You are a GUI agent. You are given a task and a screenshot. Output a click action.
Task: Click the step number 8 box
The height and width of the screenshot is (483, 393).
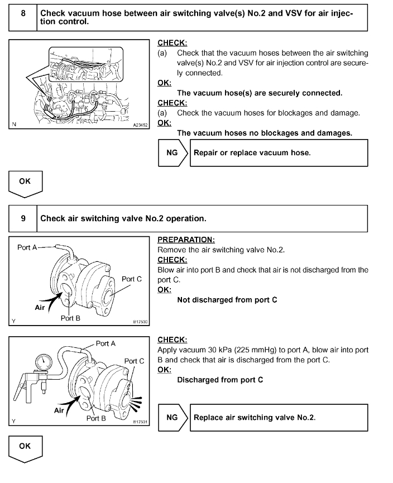pyautogui.click(x=23, y=17)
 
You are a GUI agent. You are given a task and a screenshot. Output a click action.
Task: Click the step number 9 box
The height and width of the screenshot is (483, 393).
pyautogui.click(x=23, y=218)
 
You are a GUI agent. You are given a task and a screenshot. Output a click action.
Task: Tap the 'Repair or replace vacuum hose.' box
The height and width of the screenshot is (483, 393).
pyautogui.click(x=279, y=152)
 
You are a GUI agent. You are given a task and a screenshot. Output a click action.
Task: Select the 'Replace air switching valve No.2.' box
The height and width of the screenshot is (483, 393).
pyautogui.click(x=279, y=417)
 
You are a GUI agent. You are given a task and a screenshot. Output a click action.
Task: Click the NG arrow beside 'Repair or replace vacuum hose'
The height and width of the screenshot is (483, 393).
pyautogui.click(x=174, y=152)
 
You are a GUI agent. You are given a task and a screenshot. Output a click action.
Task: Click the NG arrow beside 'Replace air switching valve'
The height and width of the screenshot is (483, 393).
pyautogui.click(x=174, y=417)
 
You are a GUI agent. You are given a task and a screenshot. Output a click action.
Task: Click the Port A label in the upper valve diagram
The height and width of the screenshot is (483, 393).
pyautogui.click(x=27, y=247)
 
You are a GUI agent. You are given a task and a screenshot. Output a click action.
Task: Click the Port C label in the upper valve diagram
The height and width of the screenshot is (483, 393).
pyautogui.click(x=132, y=279)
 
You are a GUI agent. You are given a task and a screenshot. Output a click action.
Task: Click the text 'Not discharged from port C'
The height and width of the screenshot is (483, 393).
pyautogui.click(x=227, y=300)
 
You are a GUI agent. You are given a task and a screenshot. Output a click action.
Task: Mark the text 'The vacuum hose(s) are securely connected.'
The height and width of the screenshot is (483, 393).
pyautogui.click(x=260, y=93)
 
